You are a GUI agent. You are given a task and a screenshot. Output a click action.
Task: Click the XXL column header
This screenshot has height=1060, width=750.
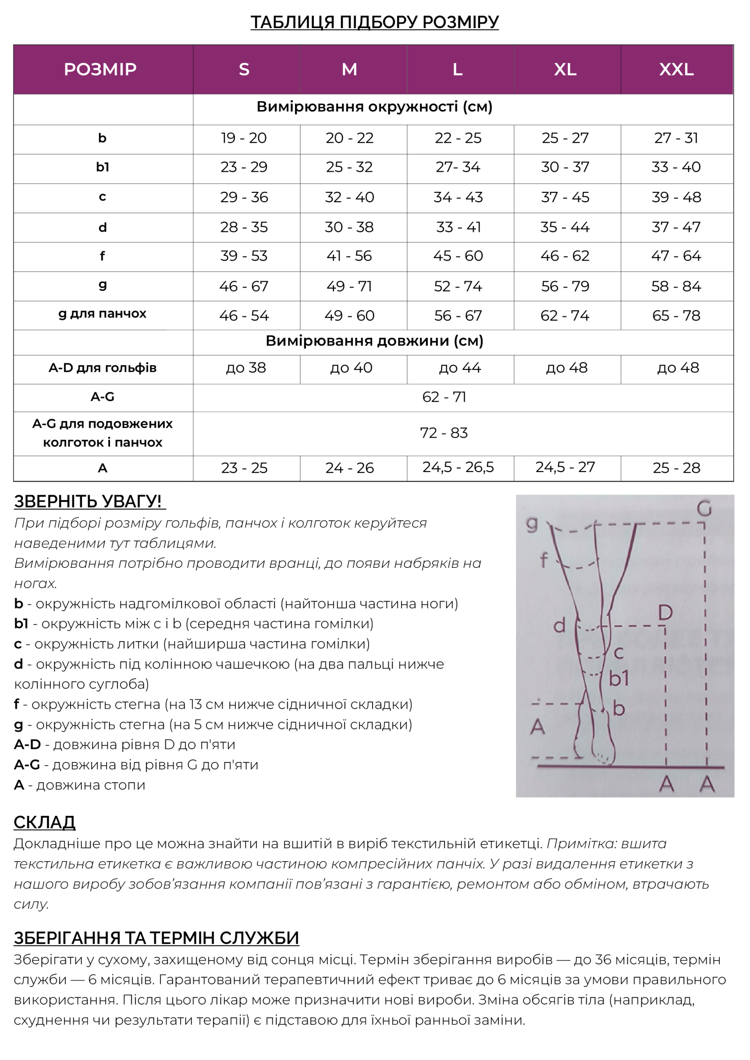click(x=676, y=70)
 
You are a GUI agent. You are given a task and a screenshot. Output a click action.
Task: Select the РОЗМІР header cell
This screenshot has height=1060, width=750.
click(x=100, y=70)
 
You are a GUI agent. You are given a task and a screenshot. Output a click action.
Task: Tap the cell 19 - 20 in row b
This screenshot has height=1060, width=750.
click(x=244, y=138)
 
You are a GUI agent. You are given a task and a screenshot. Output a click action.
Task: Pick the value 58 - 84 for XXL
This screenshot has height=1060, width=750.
click(x=676, y=286)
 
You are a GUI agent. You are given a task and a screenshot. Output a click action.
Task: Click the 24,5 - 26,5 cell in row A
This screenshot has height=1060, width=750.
click(x=458, y=467)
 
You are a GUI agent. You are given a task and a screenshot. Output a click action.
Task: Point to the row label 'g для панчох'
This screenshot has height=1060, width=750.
click(x=102, y=314)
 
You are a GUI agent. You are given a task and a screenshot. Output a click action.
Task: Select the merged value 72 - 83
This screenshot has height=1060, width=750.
click(x=444, y=433)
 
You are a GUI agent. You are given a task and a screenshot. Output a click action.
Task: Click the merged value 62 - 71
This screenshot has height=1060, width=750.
click(x=444, y=397)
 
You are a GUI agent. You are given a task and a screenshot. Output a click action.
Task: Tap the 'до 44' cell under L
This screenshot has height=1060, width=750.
click(x=460, y=368)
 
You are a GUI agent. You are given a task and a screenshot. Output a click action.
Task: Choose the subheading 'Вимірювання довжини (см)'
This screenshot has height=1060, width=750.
click(x=375, y=341)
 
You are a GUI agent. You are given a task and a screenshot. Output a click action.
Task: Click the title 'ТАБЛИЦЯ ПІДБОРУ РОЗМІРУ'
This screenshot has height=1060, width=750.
click(x=375, y=22)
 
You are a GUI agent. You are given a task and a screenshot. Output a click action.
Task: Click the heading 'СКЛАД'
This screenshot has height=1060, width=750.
click(x=44, y=822)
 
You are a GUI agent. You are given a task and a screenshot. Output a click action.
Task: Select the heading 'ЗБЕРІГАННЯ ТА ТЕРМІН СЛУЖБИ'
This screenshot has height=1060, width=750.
click(x=156, y=938)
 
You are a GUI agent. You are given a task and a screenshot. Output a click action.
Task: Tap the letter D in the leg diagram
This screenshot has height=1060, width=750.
click(x=665, y=613)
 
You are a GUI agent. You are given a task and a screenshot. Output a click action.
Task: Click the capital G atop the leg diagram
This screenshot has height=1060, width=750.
click(x=704, y=508)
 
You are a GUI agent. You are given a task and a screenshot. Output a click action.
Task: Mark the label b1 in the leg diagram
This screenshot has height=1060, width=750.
click(x=619, y=679)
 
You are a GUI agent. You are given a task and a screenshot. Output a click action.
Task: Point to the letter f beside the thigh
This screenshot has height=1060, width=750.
click(x=544, y=560)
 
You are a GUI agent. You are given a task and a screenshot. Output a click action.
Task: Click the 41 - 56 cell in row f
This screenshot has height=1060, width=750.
click(x=349, y=256)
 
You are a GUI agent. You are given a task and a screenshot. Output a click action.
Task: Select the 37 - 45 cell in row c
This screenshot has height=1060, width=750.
click(x=565, y=197)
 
